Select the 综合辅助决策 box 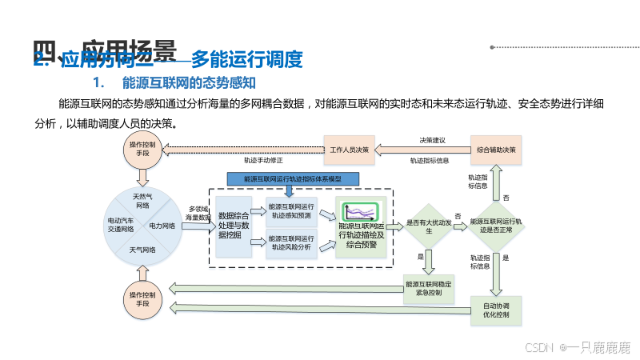click(496, 150)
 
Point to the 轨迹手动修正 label click(264, 159)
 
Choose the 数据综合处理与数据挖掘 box click(234, 226)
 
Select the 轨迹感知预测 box click(291, 210)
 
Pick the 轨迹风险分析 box click(291, 242)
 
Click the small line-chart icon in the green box click(359, 212)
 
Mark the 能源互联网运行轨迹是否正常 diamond click(496, 226)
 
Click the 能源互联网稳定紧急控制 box click(429, 288)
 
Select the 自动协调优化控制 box click(496, 310)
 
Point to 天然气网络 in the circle click(143, 200)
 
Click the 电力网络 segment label click(162, 226)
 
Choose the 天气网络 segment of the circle click(143, 250)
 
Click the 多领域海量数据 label click(197, 213)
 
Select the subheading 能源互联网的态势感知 click(188, 82)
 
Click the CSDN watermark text click(539, 347)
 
